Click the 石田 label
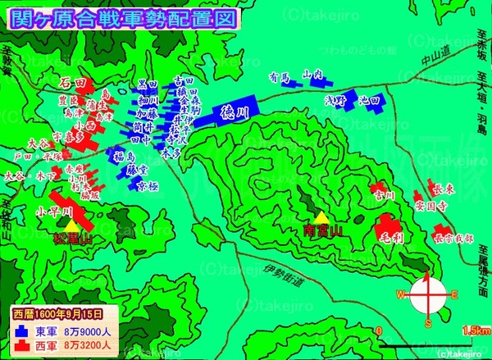coord(73,83)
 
